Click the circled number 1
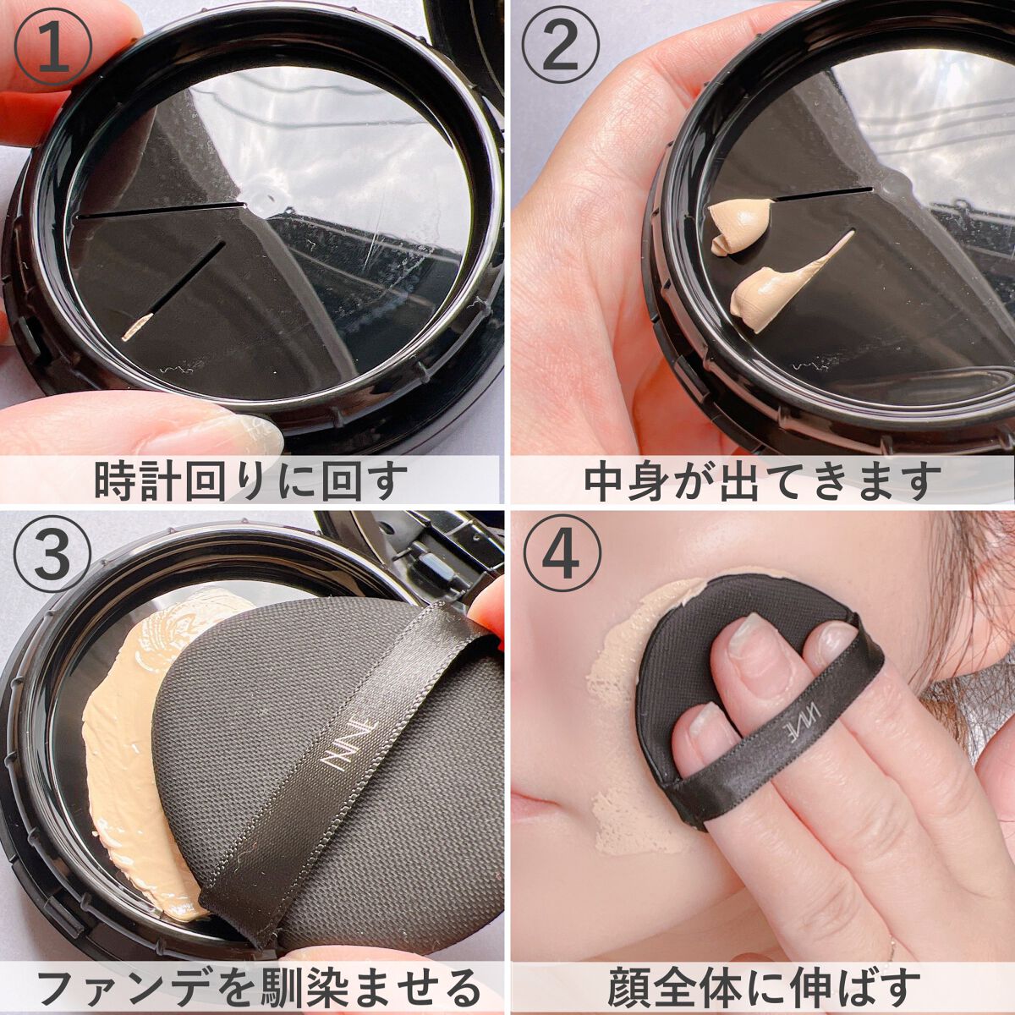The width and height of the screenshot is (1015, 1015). tap(53, 51)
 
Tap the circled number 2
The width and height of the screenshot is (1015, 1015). tap(561, 51)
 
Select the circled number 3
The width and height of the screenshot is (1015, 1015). tap(53, 559)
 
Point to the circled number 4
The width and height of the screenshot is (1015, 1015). tap(561, 559)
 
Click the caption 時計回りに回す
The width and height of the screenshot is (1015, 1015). tap(244, 480)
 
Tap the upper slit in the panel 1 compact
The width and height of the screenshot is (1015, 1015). tap(161, 210)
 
